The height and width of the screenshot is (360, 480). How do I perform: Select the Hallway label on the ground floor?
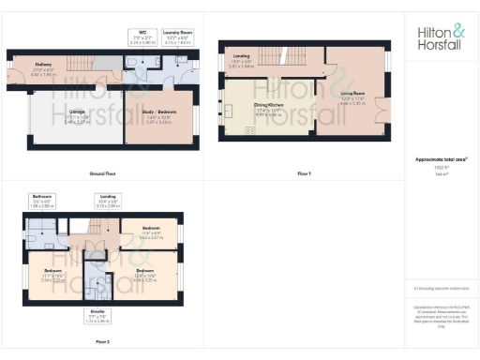42,67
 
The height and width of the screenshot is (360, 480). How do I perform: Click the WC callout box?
142,38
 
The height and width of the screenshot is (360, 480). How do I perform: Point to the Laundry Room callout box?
179,38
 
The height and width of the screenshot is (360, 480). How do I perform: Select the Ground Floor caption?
102,174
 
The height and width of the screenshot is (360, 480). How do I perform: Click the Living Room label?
352,94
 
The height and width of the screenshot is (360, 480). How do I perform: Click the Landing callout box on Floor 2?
109,199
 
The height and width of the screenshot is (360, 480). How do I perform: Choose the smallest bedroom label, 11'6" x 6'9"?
151,232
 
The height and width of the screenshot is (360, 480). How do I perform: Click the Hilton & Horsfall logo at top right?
441,37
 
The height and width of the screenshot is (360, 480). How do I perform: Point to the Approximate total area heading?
440,161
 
